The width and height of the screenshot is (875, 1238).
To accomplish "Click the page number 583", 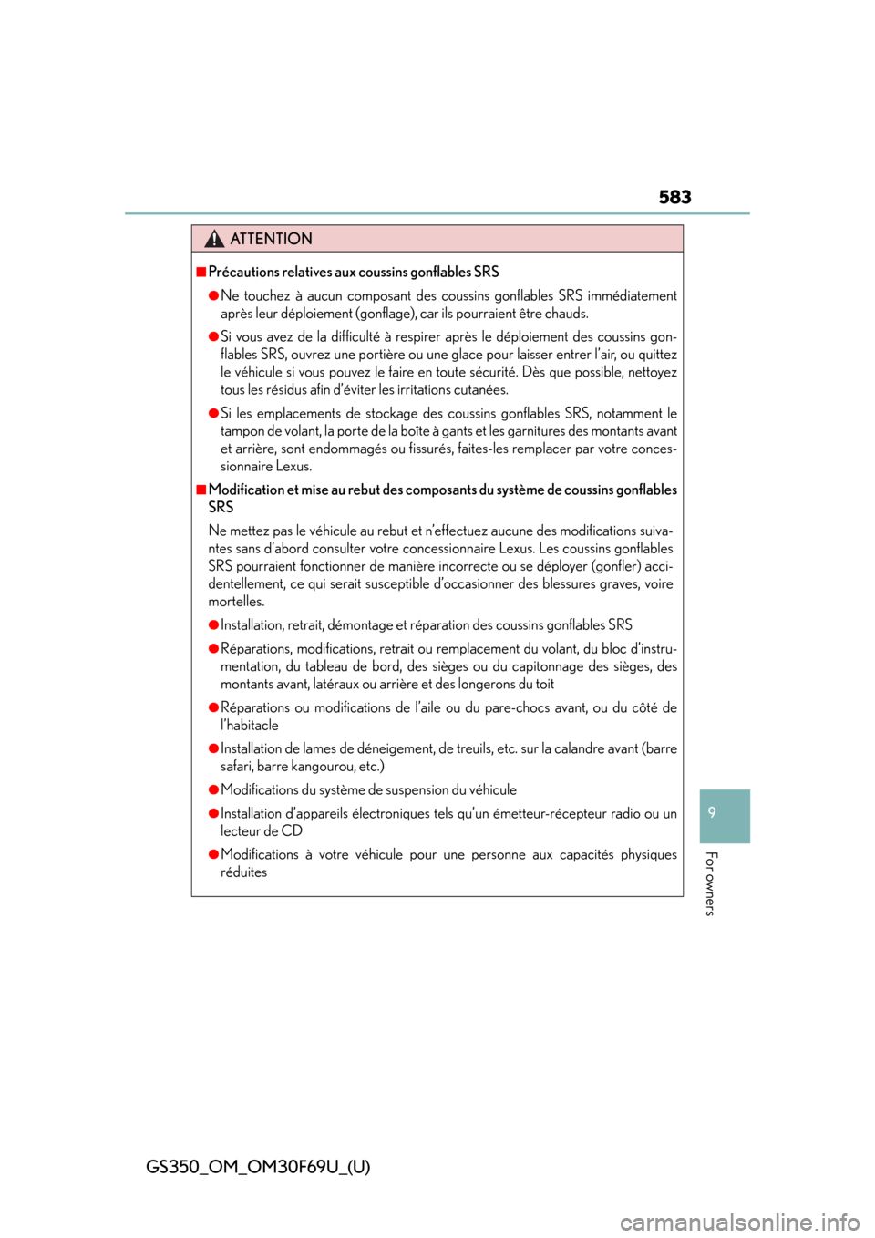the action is click(x=674, y=197).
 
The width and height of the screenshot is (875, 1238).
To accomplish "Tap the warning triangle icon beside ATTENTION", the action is click(x=214, y=239).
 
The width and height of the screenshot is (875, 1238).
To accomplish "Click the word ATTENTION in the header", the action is click(x=271, y=239).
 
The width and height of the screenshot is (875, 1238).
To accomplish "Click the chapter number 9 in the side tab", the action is click(x=712, y=812).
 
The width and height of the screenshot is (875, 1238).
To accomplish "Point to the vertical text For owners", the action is click(x=711, y=883).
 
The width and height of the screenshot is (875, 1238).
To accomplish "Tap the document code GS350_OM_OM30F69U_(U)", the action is click(x=258, y=1167).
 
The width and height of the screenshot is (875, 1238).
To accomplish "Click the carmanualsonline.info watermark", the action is click(x=746, y=1221).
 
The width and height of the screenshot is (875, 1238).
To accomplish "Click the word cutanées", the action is click(x=480, y=390).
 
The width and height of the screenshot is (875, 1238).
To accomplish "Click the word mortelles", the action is click(x=236, y=602).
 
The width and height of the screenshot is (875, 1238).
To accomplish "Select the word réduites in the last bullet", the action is click(x=243, y=872).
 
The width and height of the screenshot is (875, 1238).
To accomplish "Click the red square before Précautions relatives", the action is click(x=201, y=272).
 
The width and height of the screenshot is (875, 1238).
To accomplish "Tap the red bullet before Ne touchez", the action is click(x=213, y=295).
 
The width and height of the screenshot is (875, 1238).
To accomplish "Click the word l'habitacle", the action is click(x=250, y=725).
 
